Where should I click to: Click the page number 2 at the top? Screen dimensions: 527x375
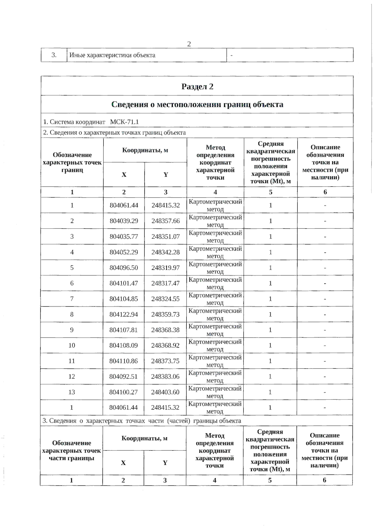click(x=189, y=44)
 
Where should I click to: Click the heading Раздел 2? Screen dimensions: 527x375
click(x=197, y=87)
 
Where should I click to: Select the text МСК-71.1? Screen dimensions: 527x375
click(x=124, y=122)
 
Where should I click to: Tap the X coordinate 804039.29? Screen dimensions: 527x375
click(x=124, y=221)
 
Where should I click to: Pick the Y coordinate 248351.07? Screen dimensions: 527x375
click(x=166, y=237)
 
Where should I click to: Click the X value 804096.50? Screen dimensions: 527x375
click(x=124, y=268)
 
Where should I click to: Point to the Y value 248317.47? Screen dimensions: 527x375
click(x=166, y=283)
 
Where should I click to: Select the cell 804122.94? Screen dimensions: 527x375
click(x=124, y=314)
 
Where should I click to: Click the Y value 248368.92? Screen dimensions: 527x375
click(x=165, y=345)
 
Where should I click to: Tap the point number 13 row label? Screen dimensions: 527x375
click(x=72, y=392)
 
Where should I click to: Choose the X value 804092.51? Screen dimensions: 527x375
click(x=123, y=377)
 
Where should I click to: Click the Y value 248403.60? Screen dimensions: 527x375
click(x=165, y=392)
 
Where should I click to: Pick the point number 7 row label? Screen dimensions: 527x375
click(x=72, y=299)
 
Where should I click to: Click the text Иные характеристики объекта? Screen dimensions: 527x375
click(x=112, y=55)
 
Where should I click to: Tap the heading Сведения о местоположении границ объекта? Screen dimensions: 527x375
click(x=197, y=104)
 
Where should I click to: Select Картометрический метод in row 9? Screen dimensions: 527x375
click(x=215, y=330)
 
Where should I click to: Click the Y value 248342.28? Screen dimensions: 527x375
click(x=166, y=252)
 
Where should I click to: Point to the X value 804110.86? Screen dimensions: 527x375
click(x=123, y=361)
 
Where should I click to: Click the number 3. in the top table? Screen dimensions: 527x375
click(x=54, y=55)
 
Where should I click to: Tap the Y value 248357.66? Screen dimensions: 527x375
click(x=166, y=221)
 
